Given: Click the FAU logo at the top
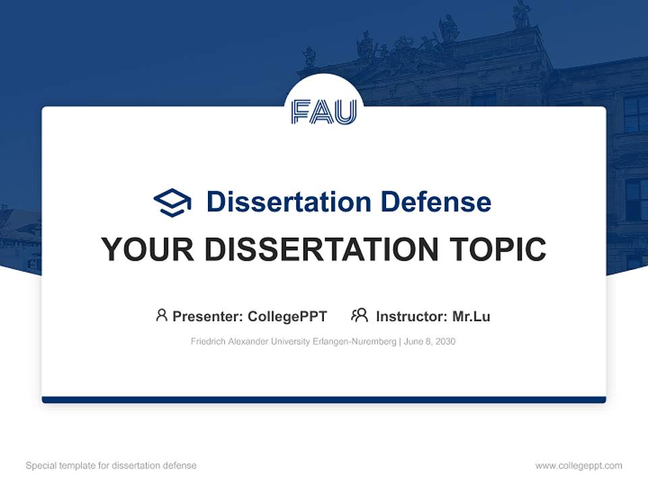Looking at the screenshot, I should (x=324, y=111).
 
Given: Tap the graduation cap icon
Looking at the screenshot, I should (x=172, y=202).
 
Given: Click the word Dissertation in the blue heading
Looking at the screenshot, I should (x=288, y=202).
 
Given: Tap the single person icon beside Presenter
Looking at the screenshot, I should (x=161, y=315).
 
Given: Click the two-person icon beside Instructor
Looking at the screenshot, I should (x=359, y=315).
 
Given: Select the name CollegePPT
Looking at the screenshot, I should (x=287, y=316).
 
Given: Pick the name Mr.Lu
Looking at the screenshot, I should (x=471, y=316).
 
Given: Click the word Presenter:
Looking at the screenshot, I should (x=208, y=316).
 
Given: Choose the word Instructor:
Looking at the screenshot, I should (x=411, y=316).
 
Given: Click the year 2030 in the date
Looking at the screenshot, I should (x=445, y=342).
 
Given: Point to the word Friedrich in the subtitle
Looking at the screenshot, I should (x=207, y=342).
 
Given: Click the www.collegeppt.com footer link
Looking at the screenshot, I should (x=578, y=466).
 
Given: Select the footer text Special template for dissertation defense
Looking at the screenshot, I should (x=111, y=466).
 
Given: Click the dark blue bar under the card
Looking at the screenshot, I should (x=324, y=400).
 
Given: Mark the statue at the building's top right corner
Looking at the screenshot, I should (x=521, y=15).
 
